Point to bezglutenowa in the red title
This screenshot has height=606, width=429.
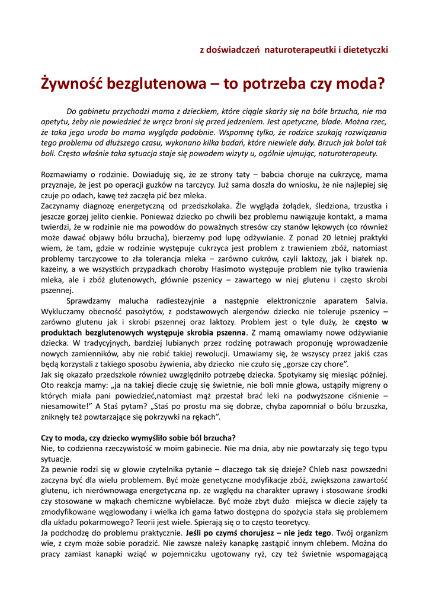tap(155, 83)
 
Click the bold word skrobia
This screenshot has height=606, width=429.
tap(202, 333)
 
